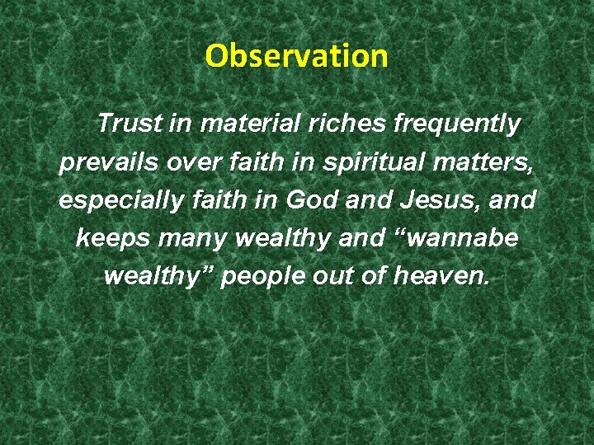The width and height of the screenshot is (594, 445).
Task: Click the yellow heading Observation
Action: point(296,56)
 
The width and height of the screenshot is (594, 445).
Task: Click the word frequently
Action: point(457,125)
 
